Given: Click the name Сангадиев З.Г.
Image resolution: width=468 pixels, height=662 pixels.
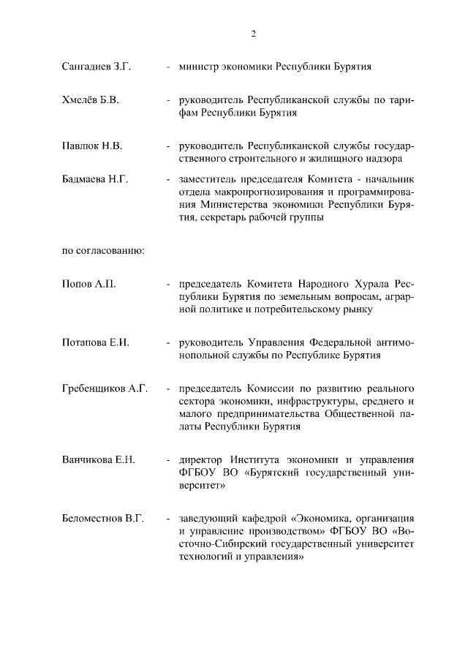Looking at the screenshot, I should click(x=96, y=67).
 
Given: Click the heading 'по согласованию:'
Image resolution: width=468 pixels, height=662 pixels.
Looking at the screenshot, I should click(x=102, y=251).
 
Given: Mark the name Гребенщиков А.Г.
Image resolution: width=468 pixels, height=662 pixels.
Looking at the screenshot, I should click(x=105, y=388).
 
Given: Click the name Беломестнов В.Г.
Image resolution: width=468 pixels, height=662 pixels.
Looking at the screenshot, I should click(x=102, y=518).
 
